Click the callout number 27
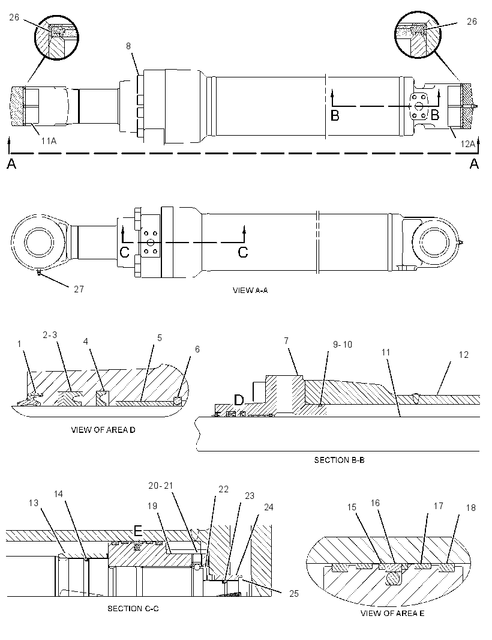tap(79, 289)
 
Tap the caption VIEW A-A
tap(250, 290)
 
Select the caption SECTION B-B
tap(339, 460)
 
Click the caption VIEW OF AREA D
tap(103, 430)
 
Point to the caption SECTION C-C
tap(133, 608)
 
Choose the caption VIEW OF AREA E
tap(392, 613)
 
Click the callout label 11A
tap(49, 141)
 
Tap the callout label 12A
tap(468, 143)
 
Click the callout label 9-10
tap(342, 345)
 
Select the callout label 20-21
tap(161, 485)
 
